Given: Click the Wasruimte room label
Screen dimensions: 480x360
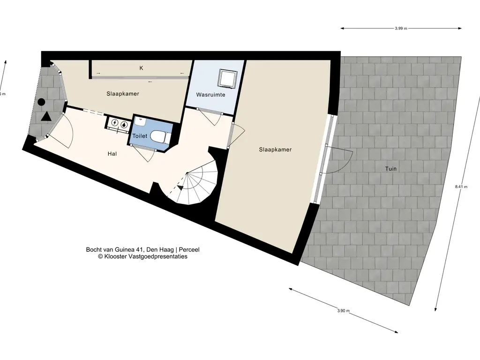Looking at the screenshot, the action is (210, 95).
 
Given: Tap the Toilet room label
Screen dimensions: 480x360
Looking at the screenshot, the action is (140, 136).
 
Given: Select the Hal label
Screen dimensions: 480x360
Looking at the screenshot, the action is (112, 154).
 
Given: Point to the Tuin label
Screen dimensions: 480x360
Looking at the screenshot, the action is (390, 169).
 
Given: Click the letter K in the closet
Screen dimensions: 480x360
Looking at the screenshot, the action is (142, 68).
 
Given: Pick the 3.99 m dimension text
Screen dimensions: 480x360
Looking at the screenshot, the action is (401, 29).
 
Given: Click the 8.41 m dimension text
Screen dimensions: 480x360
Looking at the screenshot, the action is (461, 187).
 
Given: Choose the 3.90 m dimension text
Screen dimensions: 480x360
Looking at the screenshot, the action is (344, 311).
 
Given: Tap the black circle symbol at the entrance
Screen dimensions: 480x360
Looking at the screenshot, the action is (42, 102).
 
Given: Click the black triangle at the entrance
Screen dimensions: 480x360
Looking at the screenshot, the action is (46, 117).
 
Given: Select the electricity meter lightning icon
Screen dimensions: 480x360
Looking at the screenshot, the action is (115, 123).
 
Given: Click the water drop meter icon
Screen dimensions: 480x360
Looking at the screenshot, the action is (124, 124).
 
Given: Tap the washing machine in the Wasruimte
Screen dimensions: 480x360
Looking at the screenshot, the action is (227, 78).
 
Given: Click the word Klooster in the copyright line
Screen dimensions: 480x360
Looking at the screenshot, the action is (114, 256).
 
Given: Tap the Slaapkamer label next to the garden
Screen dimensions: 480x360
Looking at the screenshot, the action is (275, 150).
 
